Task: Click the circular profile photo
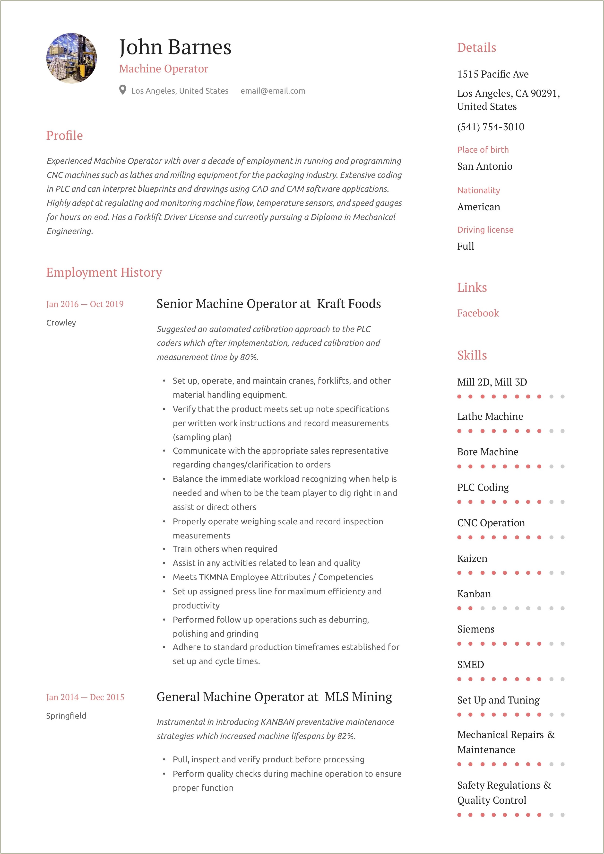coord(71,58)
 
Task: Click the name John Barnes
coord(175,48)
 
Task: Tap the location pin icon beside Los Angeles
coord(122,90)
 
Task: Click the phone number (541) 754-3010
coord(491,127)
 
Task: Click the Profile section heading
coord(64,135)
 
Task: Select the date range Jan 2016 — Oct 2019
coord(85,304)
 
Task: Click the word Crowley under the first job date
coord(61,323)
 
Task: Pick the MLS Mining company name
coord(358,697)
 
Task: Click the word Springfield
coord(66,716)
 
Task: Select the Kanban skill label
coord(474,594)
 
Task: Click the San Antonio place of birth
coord(485,166)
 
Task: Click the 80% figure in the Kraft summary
coord(249,357)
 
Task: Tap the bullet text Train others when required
coord(225,549)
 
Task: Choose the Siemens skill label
coord(476,629)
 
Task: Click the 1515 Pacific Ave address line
coord(493,74)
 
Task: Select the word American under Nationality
coord(479,207)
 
